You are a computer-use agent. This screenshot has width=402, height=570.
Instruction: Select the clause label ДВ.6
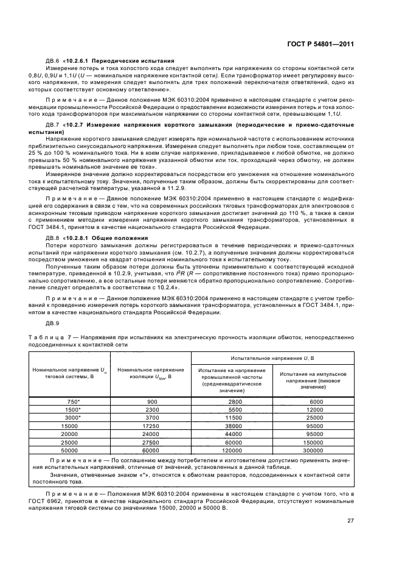pyautogui.click(x=53, y=61)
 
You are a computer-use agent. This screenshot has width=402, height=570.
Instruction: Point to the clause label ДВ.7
pyautogui.click(x=53, y=125)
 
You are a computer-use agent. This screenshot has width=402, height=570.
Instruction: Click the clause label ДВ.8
pyautogui.click(x=53, y=237)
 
